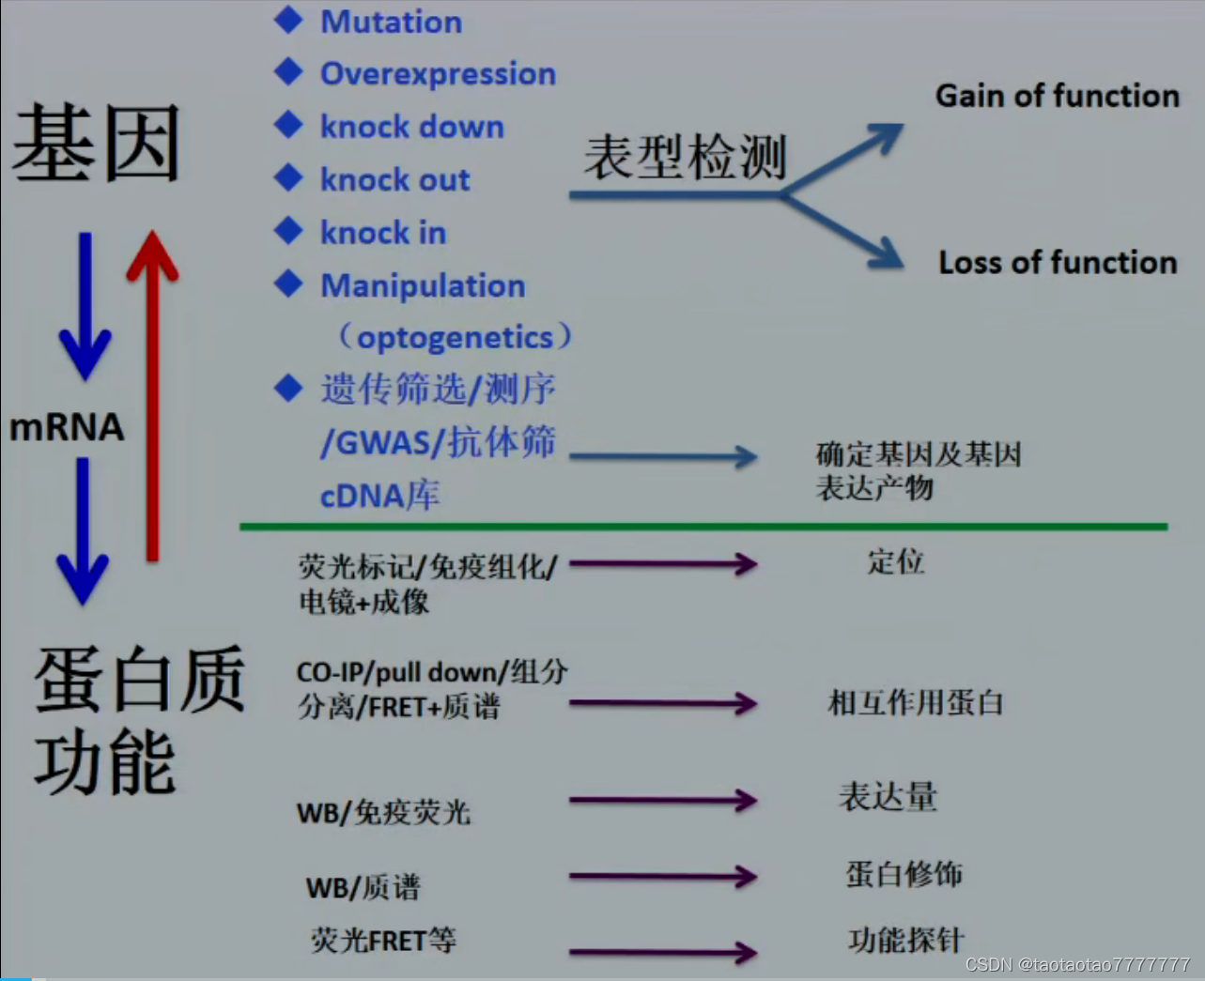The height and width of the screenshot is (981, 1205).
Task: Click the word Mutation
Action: (x=391, y=22)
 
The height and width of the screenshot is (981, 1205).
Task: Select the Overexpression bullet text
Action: (x=438, y=73)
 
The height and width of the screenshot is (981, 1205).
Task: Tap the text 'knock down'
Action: (x=411, y=127)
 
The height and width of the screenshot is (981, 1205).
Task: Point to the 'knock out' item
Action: (x=394, y=179)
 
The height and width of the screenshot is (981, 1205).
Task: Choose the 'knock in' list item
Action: (x=383, y=233)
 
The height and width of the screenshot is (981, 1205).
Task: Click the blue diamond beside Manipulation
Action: (x=288, y=284)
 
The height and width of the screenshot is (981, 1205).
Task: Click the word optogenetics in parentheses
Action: (x=455, y=337)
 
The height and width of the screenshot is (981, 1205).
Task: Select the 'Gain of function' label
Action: (x=1057, y=96)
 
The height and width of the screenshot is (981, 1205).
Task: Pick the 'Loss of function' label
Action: (x=1058, y=263)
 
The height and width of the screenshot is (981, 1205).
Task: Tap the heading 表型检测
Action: (x=685, y=157)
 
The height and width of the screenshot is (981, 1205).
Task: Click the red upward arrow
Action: (x=152, y=394)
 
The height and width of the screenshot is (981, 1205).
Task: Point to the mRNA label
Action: (x=67, y=428)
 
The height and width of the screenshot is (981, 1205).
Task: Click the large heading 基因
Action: (x=96, y=144)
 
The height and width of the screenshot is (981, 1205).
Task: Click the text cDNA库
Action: (x=379, y=496)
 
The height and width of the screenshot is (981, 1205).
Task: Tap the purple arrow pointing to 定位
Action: (x=662, y=564)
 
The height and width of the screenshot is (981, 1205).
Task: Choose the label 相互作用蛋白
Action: (x=916, y=702)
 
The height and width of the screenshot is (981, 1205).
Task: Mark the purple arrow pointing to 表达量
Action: (x=662, y=801)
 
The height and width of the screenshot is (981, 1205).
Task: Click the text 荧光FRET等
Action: (x=383, y=940)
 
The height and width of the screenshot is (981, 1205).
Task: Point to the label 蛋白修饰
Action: (x=904, y=874)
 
